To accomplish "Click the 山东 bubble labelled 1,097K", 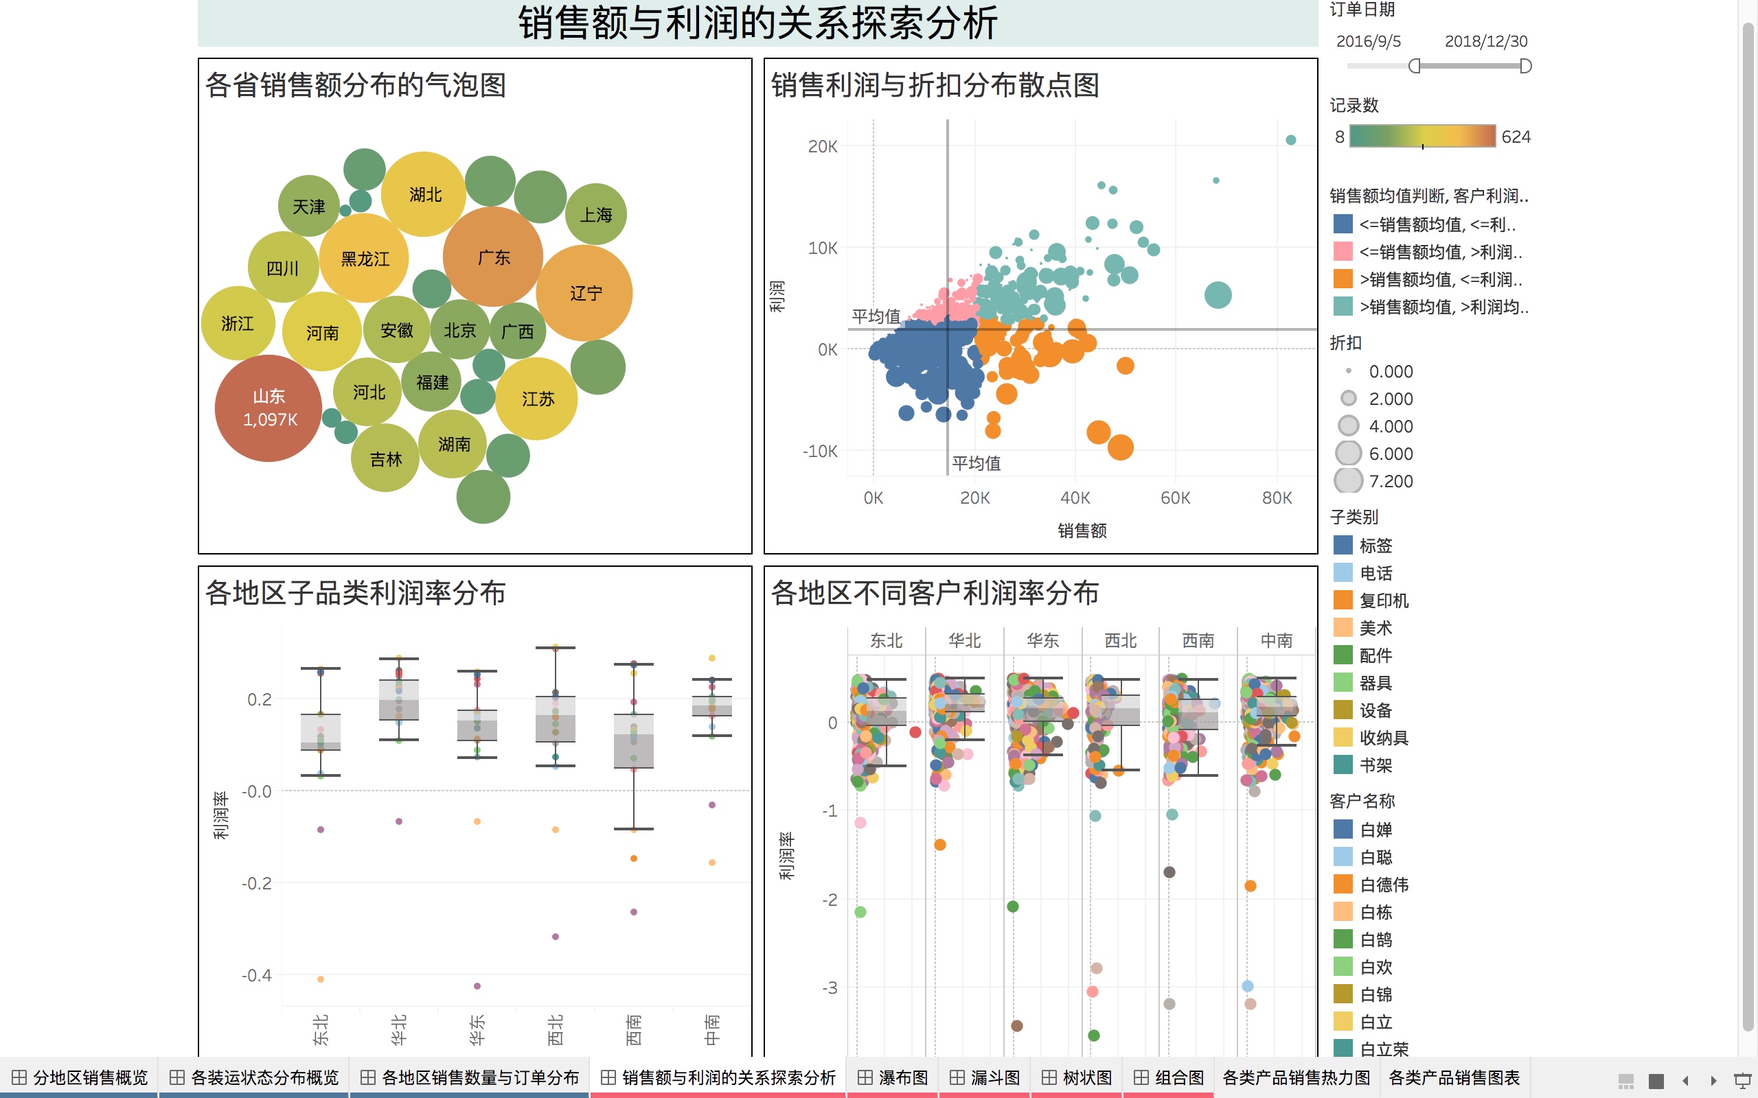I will tap(268, 408).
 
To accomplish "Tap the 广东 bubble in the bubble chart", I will tap(493, 257).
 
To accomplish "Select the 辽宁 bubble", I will tap(585, 292).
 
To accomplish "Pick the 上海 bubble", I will tap(595, 215).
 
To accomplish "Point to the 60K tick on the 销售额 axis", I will tap(1175, 498).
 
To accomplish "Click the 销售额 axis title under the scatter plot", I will tap(1082, 531).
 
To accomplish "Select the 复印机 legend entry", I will tap(1383, 600).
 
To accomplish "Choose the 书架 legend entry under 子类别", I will tap(1375, 765).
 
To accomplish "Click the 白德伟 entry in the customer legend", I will tap(1383, 885).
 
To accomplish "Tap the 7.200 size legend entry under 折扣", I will tap(1390, 482).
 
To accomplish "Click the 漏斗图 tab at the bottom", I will tap(986, 1077).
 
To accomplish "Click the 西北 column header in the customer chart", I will tap(1120, 640).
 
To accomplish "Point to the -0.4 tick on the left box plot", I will tap(256, 975).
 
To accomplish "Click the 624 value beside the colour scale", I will tap(1516, 137).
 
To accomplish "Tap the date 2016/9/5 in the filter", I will tap(1368, 41).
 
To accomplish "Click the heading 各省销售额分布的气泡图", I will tap(355, 85).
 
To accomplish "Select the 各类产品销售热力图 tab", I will tap(1296, 1077).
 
